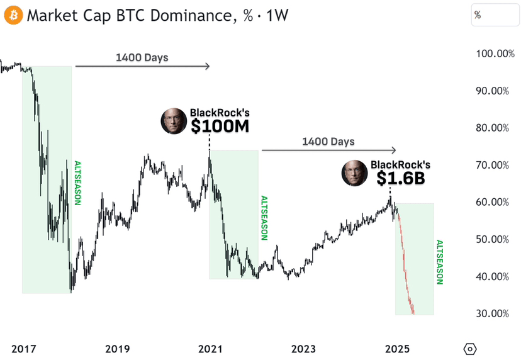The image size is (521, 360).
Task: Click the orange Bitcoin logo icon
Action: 13,14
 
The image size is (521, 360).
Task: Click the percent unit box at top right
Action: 495,15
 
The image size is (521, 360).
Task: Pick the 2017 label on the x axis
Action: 23,348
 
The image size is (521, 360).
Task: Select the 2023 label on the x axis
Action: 303,348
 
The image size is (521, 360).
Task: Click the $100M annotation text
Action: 220,127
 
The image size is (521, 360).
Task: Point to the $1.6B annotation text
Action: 401,178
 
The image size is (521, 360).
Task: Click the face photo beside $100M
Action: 173,121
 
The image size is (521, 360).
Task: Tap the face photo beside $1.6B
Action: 354,173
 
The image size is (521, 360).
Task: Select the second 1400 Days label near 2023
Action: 328,142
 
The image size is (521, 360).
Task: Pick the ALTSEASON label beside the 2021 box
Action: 264,218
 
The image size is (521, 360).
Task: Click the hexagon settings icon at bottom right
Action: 470,349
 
